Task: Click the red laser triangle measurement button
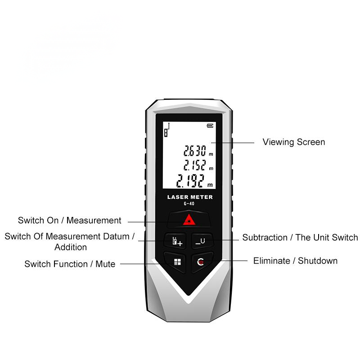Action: [189, 220]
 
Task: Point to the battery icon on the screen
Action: [210, 126]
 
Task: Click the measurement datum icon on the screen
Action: [167, 130]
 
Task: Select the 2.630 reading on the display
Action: [195, 151]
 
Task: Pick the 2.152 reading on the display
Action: [195, 165]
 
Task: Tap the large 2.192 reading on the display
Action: [190, 181]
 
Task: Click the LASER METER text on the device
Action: [190, 197]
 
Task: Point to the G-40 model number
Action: [189, 203]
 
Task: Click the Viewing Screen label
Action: [294, 142]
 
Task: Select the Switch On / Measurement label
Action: [70, 220]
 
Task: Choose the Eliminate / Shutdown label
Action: [295, 261]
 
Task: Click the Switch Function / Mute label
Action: [70, 264]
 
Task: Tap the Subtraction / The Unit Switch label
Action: [300, 238]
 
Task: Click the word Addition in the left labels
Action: [71, 247]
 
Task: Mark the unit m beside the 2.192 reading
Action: [210, 185]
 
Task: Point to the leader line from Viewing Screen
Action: [233, 143]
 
